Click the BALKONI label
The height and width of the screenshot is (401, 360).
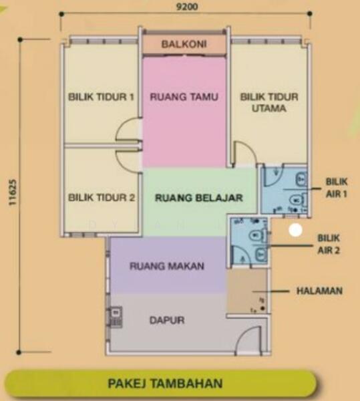click(x=184, y=44)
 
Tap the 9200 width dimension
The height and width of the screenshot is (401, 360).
click(x=187, y=7)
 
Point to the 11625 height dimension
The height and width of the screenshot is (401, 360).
click(x=13, y=192)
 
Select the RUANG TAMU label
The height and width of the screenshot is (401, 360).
click(x=184, y=97)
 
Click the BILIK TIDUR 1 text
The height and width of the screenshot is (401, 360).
click(x=101, y=97)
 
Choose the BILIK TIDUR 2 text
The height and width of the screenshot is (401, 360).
click(x=102, y=197)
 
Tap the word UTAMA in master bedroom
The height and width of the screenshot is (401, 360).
click(x=268, y=108)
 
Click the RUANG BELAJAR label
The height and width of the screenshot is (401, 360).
click(x=199, y=198)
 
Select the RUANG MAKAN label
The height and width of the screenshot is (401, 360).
click(x=167, y=266)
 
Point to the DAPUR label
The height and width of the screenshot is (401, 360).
click(x=167, y=320)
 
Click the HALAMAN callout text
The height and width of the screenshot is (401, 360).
click(x=319, y=291)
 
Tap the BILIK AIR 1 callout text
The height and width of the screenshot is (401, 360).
click(x=337, y=188)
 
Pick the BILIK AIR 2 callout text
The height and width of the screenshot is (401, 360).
click(x=329, y=244)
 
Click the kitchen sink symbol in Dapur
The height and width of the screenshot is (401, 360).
click(x=116, y=317)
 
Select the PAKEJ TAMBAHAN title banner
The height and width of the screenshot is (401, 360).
click(x=165, y=384)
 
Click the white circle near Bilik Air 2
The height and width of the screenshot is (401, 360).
click(x=296, y=230)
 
